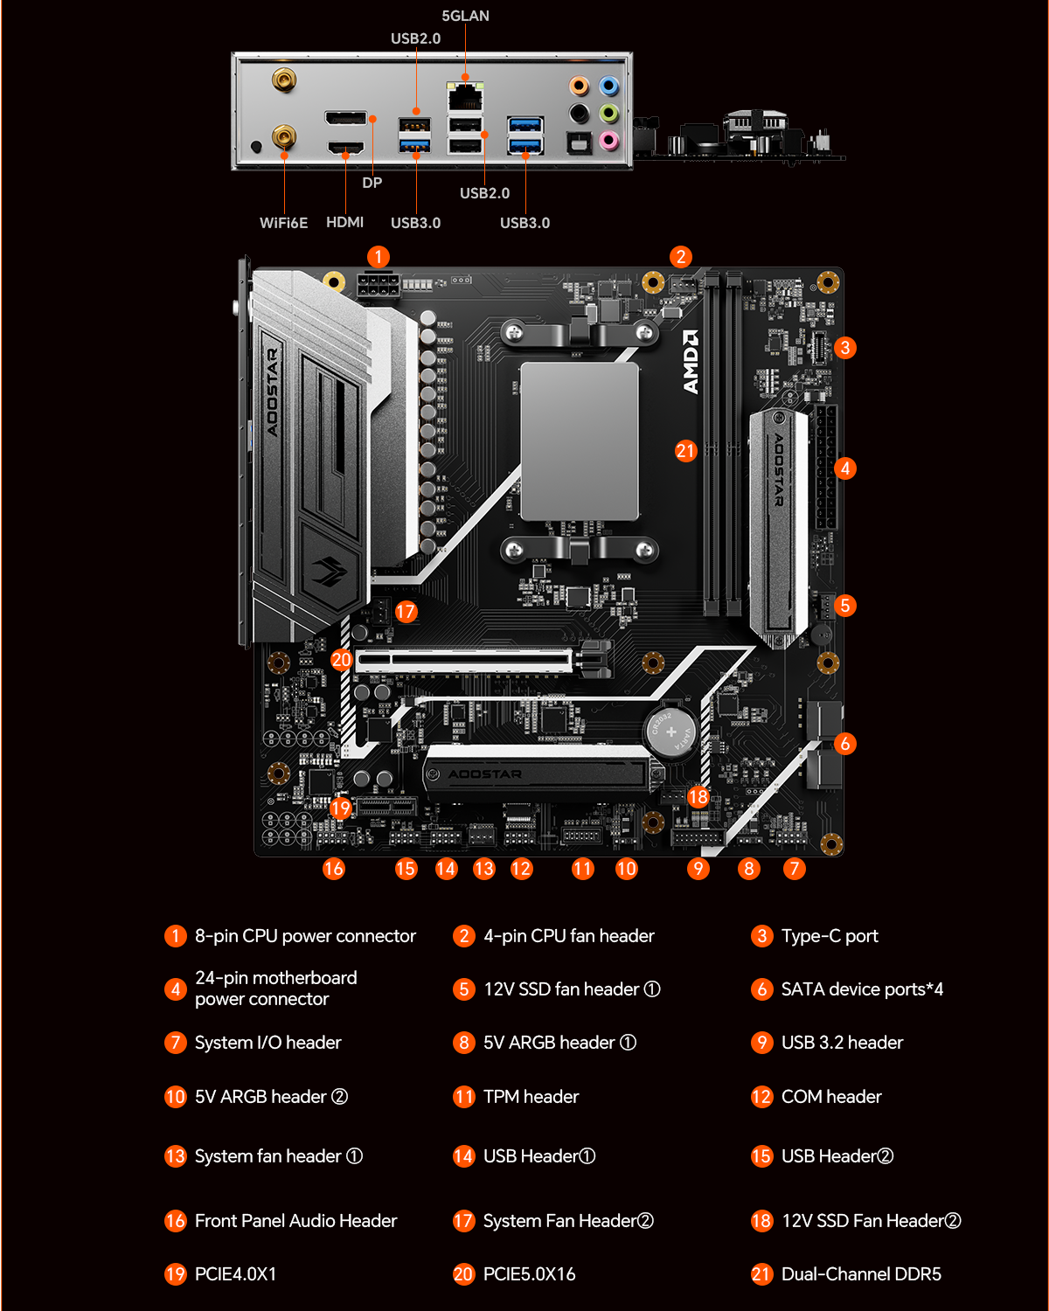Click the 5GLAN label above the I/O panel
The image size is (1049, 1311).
pyautogui.click(x=465, y=16)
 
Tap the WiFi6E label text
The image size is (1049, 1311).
pyautogui.click(x=283, y=223)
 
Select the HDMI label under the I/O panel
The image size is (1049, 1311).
pyautogui.click(x=344, y=222)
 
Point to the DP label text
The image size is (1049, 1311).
pyautogui.click(x=372, y=183)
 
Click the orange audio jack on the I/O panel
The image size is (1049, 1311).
pyautogui.click(x=579, y=86)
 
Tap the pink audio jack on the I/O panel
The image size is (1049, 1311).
pyautogui.click(x=608, y=140)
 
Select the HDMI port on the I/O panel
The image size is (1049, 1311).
pyautogui.click(x=345, y=148)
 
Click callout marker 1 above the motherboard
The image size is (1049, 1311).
pyautogui.click(x=379, y=256)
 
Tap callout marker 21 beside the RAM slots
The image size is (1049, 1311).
pyautogui.click(x=685, y=451)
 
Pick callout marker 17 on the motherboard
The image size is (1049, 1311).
pyautogui.click(x=406, y=611)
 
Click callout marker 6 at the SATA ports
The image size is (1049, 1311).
pyautogui.click(x=844, y=743)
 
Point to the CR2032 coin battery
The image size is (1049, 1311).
pyautogui.click(x=670, y=731)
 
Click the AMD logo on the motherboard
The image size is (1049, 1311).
pyautogui.click(x=691, y=362)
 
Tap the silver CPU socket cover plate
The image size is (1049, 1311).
pyautogui.click(x=580, y=441)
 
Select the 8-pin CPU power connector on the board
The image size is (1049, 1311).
pyautogui.click(x=379, y=284)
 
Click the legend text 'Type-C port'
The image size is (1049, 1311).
pyautogui.click(x=830, y=936)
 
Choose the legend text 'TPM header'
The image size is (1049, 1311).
pyautogui.click(x=531, y=1097)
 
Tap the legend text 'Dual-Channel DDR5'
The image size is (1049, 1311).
pyautogui.click(x=861, y=1273)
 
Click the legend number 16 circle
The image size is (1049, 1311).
pyautogui.click(x=176, y=1220)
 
